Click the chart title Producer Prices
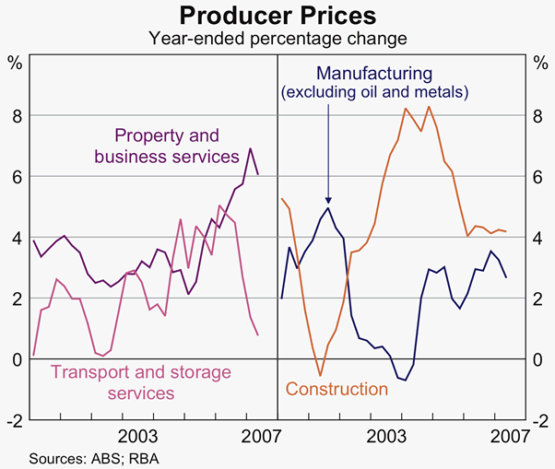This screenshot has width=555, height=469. tap(277, 16)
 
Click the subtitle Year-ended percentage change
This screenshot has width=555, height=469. tap(277, 39)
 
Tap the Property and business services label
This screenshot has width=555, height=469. tap(166, 144)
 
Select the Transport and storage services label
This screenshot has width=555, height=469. tap(112, 382)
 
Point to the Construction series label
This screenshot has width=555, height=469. tap(337, 389)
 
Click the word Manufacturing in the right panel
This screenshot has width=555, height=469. tap(373, 72)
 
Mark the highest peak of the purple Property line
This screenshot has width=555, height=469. tap(251, 149)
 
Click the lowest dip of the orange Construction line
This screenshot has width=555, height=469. tap(320, 375)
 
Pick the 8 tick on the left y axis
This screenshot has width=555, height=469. tap(16, 116)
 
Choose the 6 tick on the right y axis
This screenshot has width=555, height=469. tap(539, 177)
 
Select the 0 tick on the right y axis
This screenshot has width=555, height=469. tap(539, 359)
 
